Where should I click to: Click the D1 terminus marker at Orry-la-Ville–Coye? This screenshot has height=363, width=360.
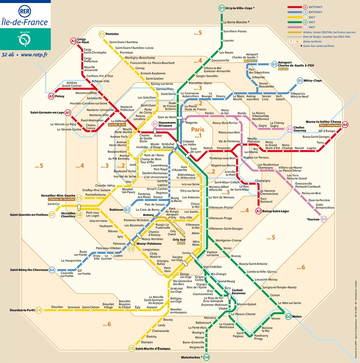click(221, 8)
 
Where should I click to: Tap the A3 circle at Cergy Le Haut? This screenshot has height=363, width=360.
click(73, 41)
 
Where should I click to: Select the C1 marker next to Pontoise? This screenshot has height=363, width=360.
click(102, 34)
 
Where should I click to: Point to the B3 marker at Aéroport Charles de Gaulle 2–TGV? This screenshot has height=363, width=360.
click(274, 64)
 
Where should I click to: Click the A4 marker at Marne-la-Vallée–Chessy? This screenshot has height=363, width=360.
click(345, 125)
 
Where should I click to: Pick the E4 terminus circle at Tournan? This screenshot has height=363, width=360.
click(324, 219)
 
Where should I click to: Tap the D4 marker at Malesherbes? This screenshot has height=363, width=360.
click(206, 357)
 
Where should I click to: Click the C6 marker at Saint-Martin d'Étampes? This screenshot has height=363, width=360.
click(131, 349)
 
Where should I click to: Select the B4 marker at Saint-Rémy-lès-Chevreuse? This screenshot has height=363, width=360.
click(52, 270)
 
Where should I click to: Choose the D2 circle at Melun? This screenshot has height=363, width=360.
click(288, 316)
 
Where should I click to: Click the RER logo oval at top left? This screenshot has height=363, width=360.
click(25, 12)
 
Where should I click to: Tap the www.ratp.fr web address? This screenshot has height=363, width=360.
click(34, 55)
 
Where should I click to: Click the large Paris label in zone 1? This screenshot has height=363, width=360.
click(198, 130)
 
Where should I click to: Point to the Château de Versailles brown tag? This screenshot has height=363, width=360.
click(61, 199)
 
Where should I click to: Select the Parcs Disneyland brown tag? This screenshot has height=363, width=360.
click(330, 126)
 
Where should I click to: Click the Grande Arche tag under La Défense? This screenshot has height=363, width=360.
click(117, 125)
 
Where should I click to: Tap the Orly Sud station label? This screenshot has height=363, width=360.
click(179, 240)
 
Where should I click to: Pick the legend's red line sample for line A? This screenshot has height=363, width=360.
click(295, 7)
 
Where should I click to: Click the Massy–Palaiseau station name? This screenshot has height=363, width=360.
click(149, 244)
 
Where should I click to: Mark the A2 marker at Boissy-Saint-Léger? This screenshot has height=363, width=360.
click(259, 211)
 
